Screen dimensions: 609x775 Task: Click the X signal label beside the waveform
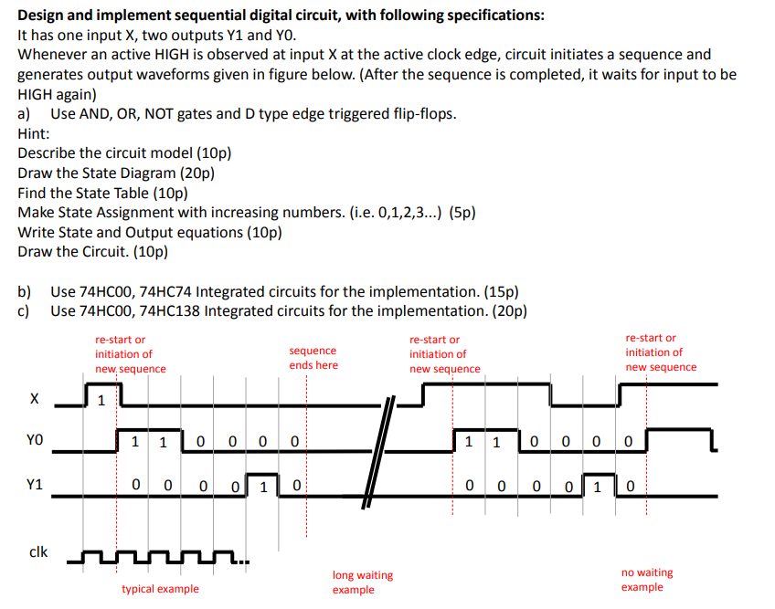pyautogui.click(x=34, y=399)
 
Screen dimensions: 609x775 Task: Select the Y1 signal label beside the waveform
pyautogui.click(x=34, y=485)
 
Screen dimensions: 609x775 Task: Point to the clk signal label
pyautogui.click(x=38, y=551)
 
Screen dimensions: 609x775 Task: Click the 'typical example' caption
pyautogui.click(x=160, y=589)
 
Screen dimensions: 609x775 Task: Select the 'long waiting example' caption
pyautogui.click(x=362, y=583)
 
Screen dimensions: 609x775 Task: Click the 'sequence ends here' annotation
pyautogui.click(x=313, y=358)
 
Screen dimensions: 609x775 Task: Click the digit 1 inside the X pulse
pyautogui.click(x=102, y=399)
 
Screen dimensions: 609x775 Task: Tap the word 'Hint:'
pyautogui.click(x=34, y=133)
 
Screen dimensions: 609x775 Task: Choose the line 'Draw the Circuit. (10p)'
pyautogui.click(x=93, y=251)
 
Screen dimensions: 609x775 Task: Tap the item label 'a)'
pyautogui.click(x=24, y=113)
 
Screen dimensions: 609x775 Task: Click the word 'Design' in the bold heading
pyautogui.click(x=42, y=16)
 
